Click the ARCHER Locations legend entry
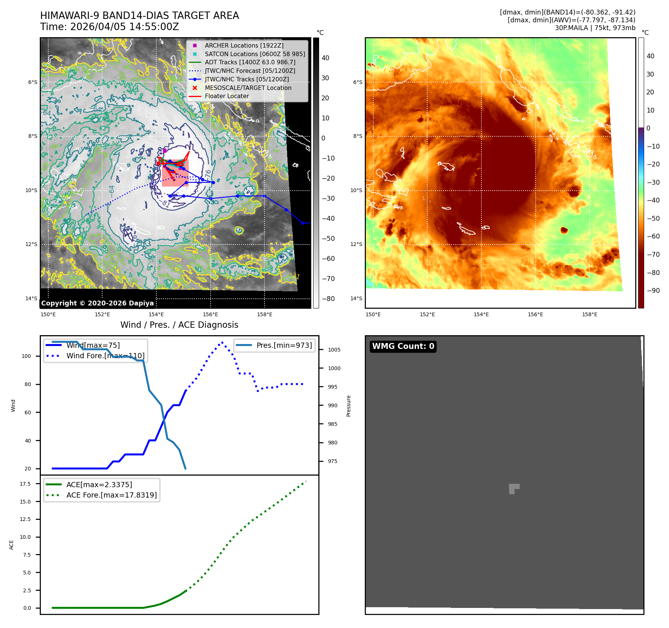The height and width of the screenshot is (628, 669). pos(244,45)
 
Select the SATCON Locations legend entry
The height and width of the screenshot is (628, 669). pos(254,54)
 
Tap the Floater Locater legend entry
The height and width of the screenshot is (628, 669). pos(227,96)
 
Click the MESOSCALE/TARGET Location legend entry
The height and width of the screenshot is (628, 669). pos(248,88)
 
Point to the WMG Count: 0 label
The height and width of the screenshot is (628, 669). pos(403,346)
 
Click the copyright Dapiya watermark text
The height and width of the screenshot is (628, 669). pos(97,303)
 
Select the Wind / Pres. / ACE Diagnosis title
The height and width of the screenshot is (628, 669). pos(179,325)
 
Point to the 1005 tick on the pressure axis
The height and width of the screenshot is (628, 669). pos(334,350)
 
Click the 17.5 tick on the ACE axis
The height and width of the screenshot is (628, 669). pos(25,484)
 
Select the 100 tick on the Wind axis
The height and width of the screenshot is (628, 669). pos(26,356)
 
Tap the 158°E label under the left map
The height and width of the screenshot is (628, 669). pos(264,314)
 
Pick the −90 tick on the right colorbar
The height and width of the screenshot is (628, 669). pos(653,291)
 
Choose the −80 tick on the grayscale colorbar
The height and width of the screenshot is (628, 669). pos(328,299)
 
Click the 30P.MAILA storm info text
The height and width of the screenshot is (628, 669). pos(595,28)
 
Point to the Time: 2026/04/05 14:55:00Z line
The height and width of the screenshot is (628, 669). pos(110,27)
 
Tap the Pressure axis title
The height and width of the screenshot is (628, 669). pos(348,406)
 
